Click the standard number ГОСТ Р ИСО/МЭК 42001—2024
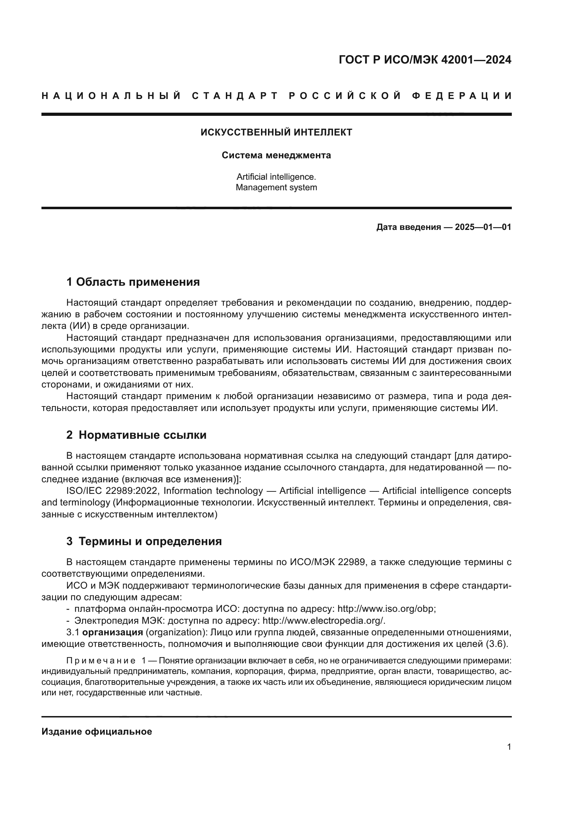pos(425,60)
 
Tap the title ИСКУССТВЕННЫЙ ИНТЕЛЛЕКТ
pos(276,132)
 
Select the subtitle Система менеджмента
pos(276,155)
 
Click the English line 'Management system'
pos(276,187)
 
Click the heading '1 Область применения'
pos(133,282)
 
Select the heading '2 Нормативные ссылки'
pos(136,435)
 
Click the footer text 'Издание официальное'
pos(97,732)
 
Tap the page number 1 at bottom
pos(509,747)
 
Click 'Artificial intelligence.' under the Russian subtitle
pos(276,177)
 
